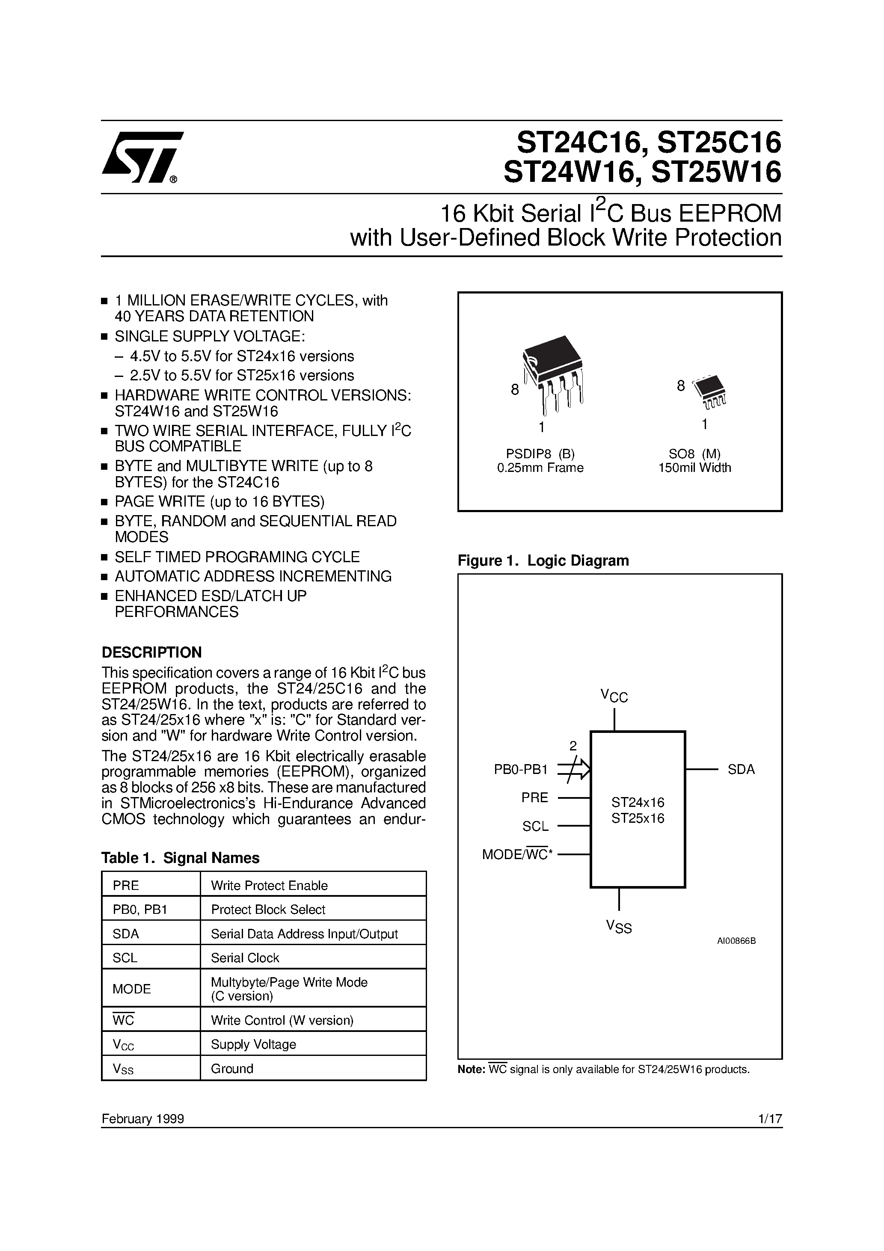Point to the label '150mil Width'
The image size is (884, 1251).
click(x=694, y=468)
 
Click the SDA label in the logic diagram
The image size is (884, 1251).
click(x=741, y=770)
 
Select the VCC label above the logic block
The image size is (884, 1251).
click(x=614, y=696)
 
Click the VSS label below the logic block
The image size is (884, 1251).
click(x=619, y=927)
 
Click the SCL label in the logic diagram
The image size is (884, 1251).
click(x=535, y=827)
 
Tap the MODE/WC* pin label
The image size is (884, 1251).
click(x=517, y=855)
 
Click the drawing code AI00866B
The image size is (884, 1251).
click(x=736, y=941)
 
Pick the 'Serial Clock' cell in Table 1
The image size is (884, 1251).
click(x=245, y=958)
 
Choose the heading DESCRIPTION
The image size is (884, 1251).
click(x=151, y=653)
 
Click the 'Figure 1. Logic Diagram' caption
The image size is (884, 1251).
click(x=543, y=560)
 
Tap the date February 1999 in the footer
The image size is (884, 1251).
click(x=143, y=1119)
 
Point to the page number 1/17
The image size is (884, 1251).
click(x=770, y=1119)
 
